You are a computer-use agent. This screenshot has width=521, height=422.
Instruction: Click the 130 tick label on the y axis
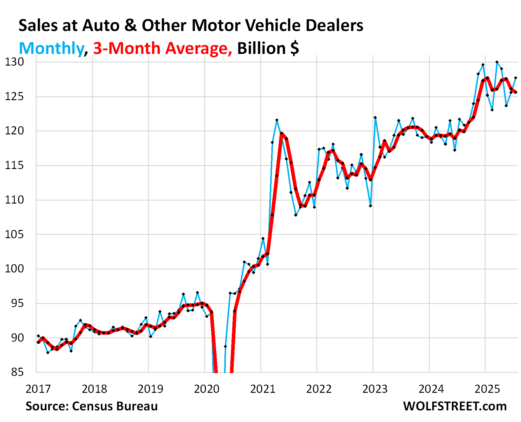coord(14,62)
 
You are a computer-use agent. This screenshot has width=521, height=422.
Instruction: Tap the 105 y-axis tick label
coord(14,235)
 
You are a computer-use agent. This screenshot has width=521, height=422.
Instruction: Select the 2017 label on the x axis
coord(38,389)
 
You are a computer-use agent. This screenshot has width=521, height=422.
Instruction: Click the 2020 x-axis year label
coord(206,389)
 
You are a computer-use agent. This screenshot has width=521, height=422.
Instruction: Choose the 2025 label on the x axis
coord(487,389)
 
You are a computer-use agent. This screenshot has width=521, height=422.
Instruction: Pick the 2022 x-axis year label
coord(319,389)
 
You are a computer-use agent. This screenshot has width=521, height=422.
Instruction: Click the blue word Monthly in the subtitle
coord(51,49)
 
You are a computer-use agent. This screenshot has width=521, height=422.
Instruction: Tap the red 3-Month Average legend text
coord(162,49)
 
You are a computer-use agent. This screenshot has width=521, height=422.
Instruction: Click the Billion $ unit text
coord(268,49)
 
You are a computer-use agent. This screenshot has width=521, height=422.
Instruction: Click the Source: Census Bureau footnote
coord(91,406)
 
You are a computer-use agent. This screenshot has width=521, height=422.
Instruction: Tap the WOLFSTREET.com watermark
coord(455,406)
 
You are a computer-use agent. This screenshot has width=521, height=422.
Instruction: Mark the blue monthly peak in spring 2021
coord(277,120)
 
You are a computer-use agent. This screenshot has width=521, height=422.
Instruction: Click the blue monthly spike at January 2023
coord(375,118)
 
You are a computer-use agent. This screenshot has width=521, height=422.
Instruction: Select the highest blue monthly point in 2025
coord(497,62)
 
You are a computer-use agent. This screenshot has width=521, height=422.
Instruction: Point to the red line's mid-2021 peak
coord(281,133)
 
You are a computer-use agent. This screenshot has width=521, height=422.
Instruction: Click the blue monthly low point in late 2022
coord(370,206)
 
